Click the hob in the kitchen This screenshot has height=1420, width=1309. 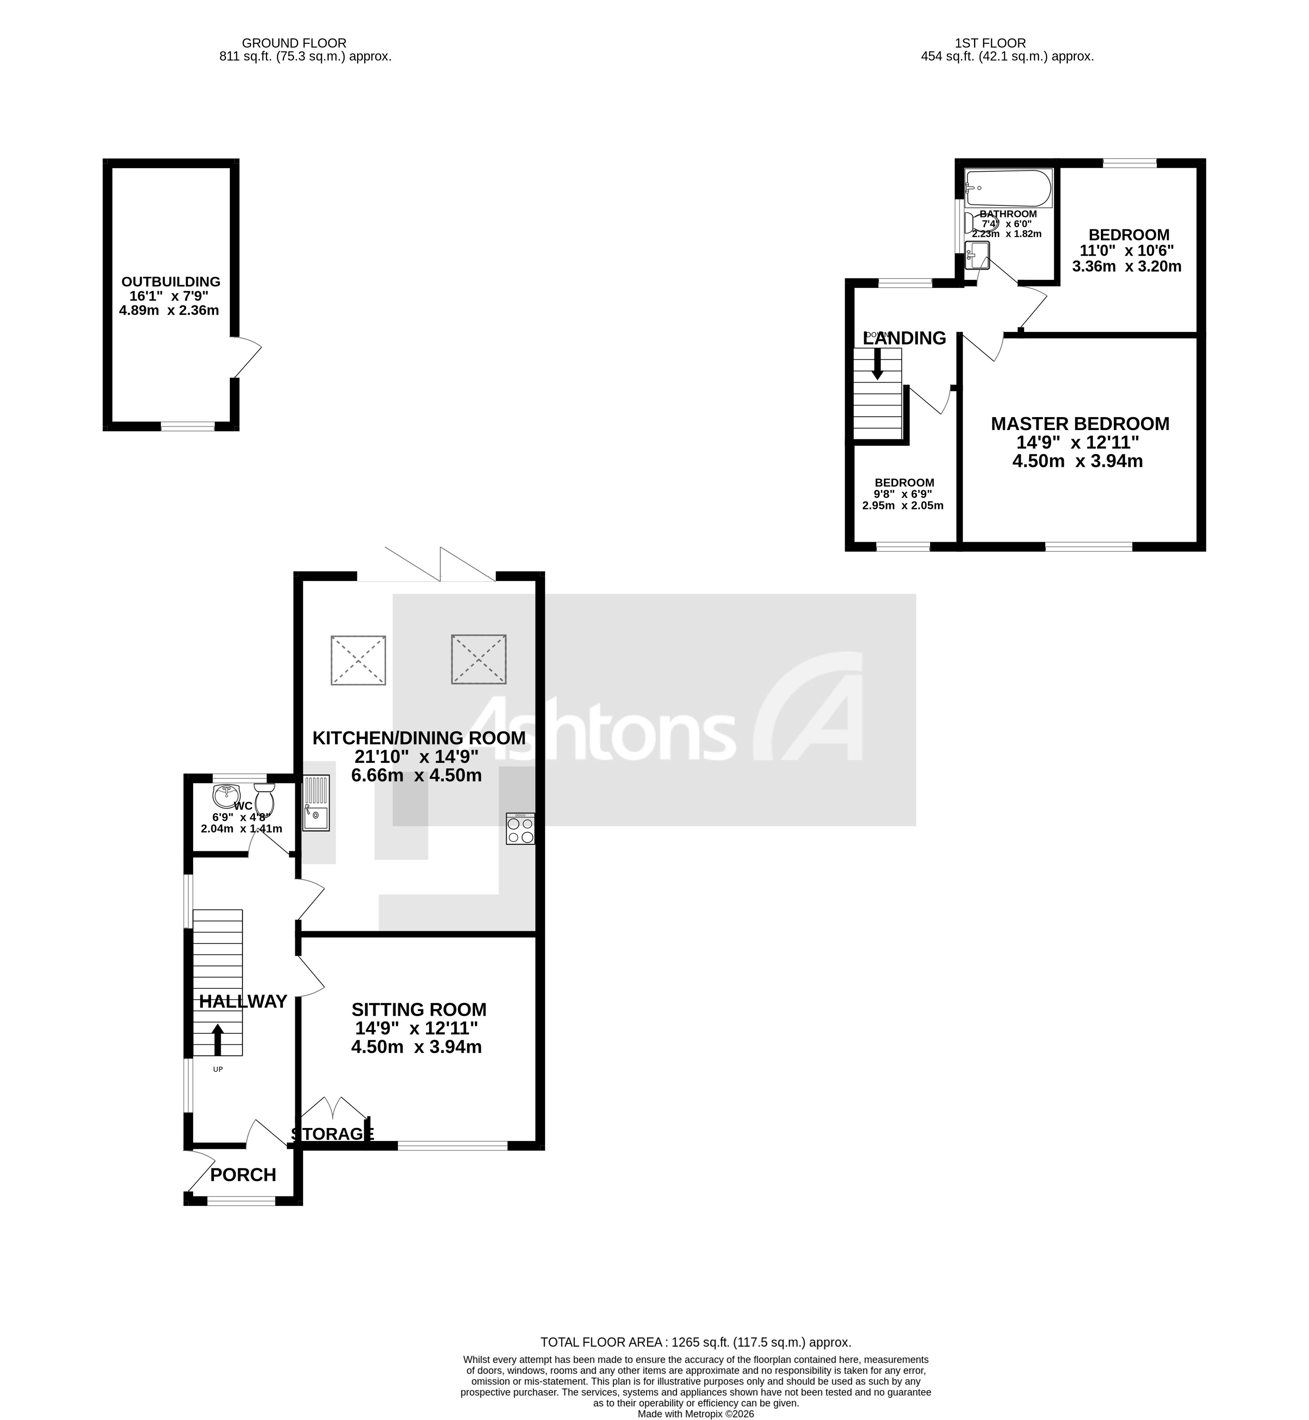tap(521, 828)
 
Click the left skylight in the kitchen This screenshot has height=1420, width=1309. tap(358, 660)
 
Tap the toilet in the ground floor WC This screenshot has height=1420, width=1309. tap(265, 800)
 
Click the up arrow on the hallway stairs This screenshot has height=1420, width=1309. tap(217, 1040)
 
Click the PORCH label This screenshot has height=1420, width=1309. tap(243, 1175)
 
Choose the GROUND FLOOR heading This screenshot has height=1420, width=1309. tap(294, 43)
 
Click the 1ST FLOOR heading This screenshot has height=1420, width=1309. tap(989, 43)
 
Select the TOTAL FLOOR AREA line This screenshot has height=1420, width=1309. tap(695, 1342)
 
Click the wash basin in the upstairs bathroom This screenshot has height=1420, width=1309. tap(977, 255)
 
